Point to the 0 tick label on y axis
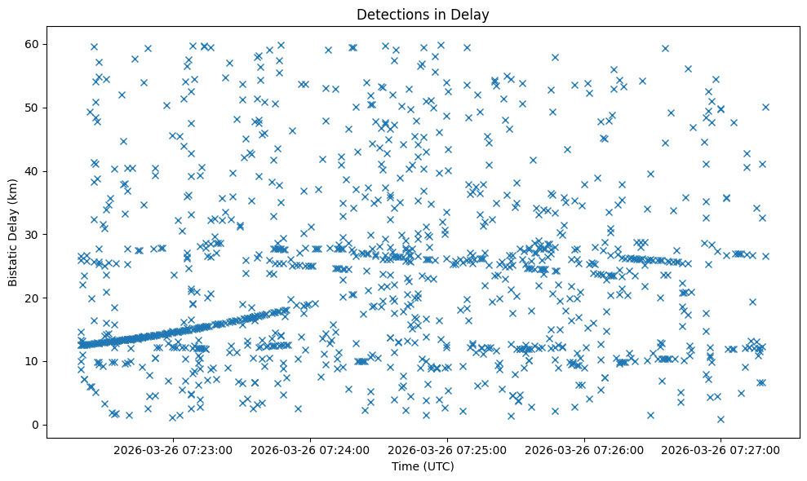coord(36,425)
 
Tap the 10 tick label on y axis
coord(33,361)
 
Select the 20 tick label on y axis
coord(33,298)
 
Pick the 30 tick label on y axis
coord(33,234)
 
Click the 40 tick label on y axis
coord(33,170)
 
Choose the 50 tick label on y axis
coord(33,107)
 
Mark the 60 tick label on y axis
coord(33,43)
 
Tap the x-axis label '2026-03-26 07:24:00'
coord(311,449)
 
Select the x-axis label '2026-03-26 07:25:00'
coord(448,449)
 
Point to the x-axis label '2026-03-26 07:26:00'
coord(585,449)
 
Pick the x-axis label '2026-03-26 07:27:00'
coord(721,449)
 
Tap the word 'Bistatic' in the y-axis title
coord(13,259)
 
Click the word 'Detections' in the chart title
coord(388,15)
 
